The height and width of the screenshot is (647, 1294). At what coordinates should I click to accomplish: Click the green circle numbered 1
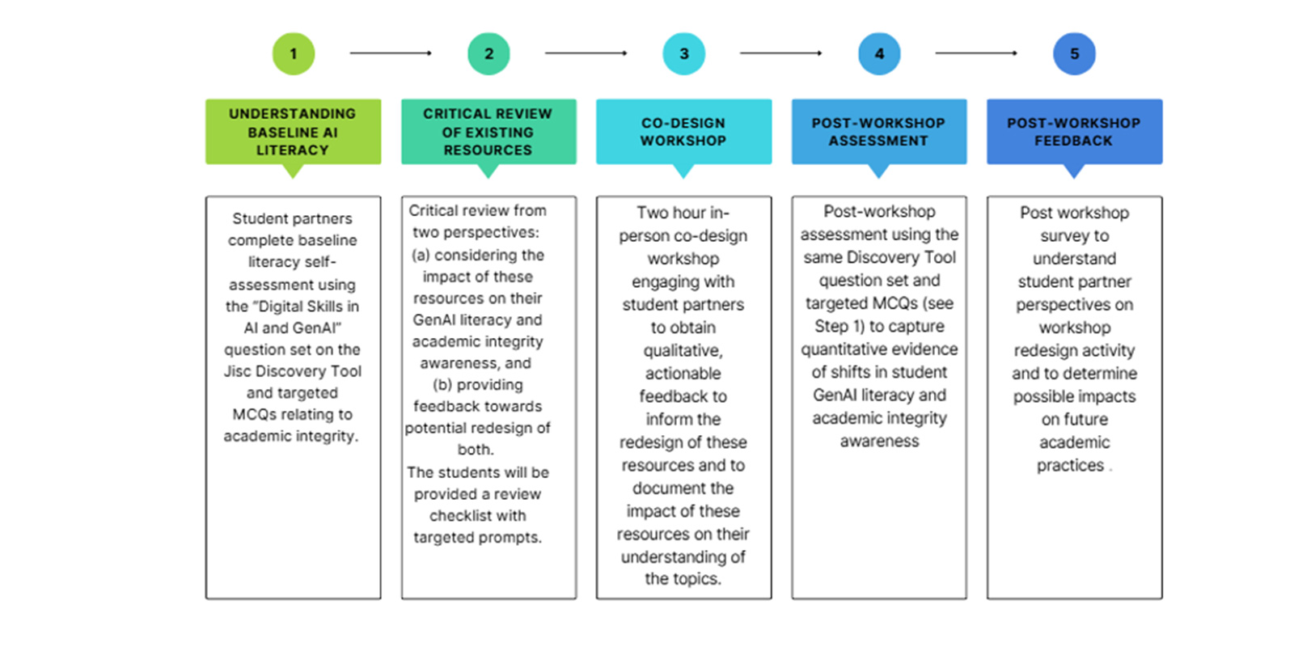(293, 54)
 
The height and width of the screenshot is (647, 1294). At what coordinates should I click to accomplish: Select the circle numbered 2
(488, 54)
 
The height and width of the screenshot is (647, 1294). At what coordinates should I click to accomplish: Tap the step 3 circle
(683, 54)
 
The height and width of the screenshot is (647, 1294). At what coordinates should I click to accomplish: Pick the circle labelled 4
(879, 54)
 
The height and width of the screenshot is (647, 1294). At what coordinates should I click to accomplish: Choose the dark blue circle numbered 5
(1074, 54)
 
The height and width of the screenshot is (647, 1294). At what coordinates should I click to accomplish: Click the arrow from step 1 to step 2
(391, 53)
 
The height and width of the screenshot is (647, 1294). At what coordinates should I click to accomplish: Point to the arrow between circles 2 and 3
(586, 53)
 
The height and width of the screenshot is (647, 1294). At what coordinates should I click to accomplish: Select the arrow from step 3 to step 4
(780, 53)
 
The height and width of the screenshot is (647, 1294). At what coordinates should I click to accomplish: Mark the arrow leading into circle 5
(976, 53)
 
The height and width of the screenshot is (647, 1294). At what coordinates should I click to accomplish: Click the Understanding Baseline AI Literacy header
(293, 132)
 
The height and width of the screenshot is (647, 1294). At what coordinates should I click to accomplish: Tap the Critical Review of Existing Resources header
(488, 132)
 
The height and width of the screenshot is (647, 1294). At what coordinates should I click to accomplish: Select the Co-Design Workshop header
(683, 132)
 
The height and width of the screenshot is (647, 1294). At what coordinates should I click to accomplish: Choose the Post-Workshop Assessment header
(879, 132)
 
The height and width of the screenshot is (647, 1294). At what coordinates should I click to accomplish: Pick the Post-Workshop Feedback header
(1074, 132)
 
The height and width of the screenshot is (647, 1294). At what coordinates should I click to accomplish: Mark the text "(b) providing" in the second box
(477, 385)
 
